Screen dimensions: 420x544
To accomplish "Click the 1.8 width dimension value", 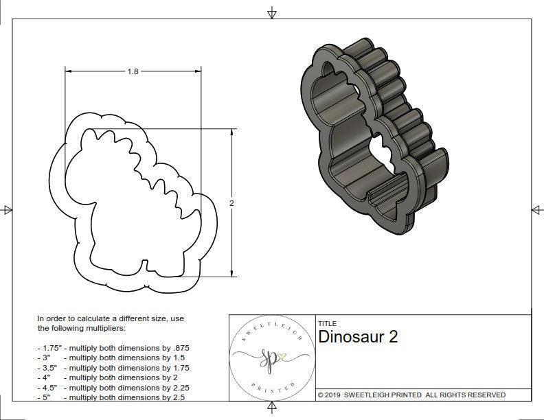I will pyautogui.click(x=132, y=71).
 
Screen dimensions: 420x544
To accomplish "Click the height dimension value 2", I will pyautogui.click(x=231, y=203).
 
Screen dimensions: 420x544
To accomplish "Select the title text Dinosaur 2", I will pyautogui.click(x=358, y=337).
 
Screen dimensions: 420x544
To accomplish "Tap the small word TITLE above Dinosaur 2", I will pyautogui.click(x=327, y=323).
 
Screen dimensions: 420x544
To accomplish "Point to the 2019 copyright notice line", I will pyautogui.click(x=411, y=395).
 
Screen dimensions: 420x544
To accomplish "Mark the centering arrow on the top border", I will pyautogui.click(x=272, y=12).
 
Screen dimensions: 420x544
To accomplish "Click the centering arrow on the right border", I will pyautogui.click(x=536, y=209).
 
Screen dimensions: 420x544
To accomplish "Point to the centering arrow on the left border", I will pyautogui.click(x=7, y=209).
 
